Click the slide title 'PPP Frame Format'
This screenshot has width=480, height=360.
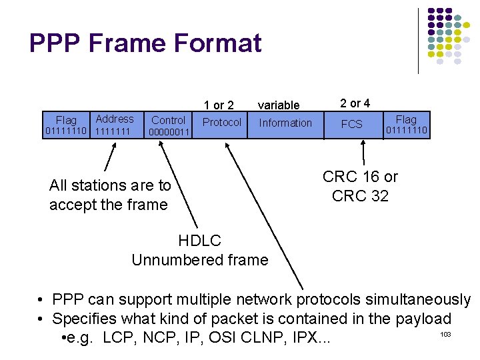click(145, 43)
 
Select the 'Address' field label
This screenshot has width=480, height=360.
click(115, 119)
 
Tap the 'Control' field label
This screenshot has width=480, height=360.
click(168, 120)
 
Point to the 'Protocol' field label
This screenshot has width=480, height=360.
click(222, 122)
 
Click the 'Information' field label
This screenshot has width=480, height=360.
click(285, 123)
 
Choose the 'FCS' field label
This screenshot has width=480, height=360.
click(351, 124)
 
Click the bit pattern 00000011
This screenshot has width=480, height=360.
click(169, 132)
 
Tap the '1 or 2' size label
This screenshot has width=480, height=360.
click(219, 105)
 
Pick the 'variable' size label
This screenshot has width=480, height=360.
click(279, 105)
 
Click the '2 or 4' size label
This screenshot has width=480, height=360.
click(355, 103)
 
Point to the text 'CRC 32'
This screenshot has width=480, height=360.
click(360, 196)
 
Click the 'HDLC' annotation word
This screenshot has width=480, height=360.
click(199, 241)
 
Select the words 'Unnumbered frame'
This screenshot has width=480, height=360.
click(200, 259)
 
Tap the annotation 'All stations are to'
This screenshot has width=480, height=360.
click(110, 185)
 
